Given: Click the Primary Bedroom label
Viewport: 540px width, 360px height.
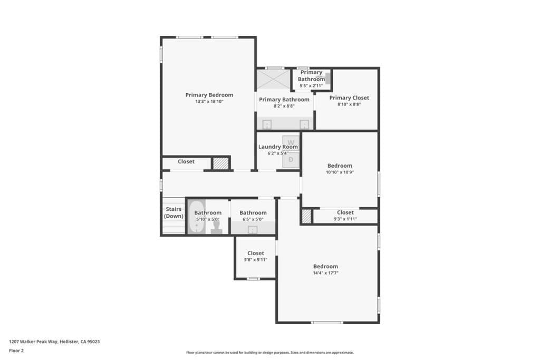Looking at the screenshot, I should tap(209, 95).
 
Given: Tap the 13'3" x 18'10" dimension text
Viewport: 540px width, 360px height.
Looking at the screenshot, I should tap(209, 101).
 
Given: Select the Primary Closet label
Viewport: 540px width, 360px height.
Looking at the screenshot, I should tap(349, 98).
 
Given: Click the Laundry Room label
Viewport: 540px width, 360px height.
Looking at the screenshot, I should tap(278, 147).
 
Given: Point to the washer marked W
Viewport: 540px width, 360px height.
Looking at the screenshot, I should tap(291, 142).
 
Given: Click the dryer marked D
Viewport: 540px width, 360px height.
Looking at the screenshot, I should tap(291, 159).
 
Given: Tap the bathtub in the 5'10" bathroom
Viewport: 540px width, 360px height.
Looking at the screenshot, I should tap(197, 217).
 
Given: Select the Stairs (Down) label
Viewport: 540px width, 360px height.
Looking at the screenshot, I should tap(173, 212).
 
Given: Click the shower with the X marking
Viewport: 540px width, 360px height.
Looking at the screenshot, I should tap(273, 80).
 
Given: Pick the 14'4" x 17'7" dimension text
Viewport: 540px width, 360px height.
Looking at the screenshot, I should tap(325, 273).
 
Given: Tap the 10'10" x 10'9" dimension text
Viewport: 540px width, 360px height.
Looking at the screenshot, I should tap(340, 172).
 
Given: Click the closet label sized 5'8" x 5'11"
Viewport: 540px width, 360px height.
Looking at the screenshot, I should tap(255, 253).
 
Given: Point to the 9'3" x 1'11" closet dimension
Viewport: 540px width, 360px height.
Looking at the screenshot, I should tap(345, 219).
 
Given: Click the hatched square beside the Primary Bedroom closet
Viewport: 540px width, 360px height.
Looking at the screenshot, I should tap(220, 163).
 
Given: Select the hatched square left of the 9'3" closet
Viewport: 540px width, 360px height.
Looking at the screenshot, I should tap(306, 217).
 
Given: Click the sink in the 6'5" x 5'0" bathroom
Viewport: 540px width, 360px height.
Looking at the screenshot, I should tap(253, 229).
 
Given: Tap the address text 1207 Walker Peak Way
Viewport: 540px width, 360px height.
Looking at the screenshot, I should tap(54, 342).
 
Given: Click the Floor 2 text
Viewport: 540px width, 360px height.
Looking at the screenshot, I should tap(17, 350).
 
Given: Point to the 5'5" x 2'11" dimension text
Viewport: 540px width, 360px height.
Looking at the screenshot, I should tap(311, 85).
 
